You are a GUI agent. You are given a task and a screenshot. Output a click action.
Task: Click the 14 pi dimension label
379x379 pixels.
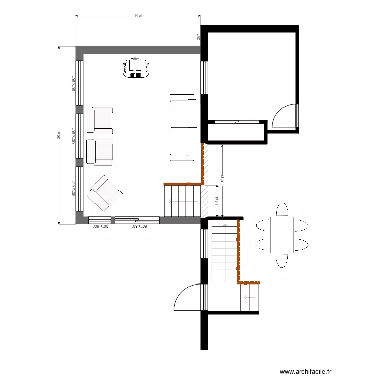137,16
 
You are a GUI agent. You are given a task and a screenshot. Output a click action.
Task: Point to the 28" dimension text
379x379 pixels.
199,37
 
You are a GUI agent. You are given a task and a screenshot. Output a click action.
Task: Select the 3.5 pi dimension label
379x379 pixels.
216,201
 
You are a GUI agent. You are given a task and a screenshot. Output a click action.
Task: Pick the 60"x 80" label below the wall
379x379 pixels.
139,227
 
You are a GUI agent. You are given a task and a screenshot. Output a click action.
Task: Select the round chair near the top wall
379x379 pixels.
135,67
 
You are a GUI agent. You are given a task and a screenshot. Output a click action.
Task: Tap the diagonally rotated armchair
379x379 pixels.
105,193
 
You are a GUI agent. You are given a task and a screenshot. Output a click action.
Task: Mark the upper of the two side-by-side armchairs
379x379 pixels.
100,120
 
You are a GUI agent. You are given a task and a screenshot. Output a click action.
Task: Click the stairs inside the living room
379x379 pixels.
182,201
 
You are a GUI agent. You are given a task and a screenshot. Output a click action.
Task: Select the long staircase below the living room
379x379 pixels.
223,251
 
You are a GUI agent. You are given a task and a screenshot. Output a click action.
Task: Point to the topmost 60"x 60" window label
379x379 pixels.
74,83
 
